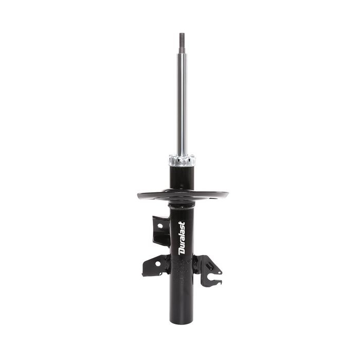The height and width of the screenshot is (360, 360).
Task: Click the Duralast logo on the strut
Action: click(x=182, y=238)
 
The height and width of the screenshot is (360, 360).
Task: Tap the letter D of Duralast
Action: click(x=182, y=251)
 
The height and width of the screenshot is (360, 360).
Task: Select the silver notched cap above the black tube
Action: click(x=182, y=160)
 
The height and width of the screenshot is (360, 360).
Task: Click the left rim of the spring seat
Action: click(x=139, y=195)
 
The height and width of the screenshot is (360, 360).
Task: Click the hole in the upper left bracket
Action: click(x=160, y=226)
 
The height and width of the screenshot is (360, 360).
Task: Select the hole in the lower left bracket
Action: click(x=158, y=264)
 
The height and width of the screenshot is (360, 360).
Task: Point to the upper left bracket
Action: click(x=161, y=231)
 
